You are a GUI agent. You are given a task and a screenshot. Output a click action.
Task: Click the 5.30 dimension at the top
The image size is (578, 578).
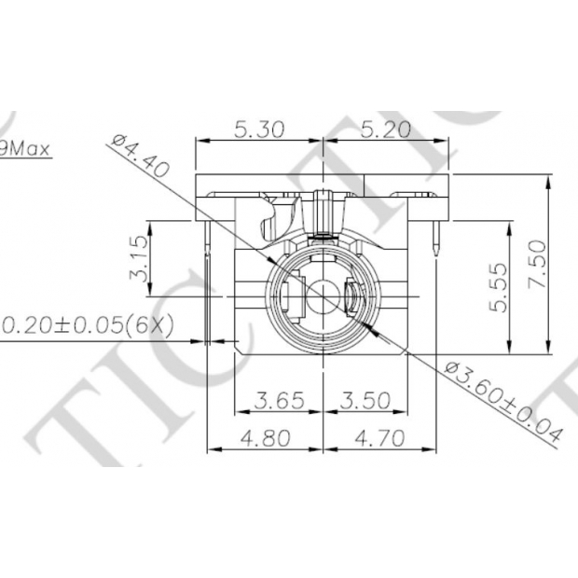[258, 130]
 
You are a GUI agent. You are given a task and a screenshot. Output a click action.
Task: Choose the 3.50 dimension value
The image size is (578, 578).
[365, 402]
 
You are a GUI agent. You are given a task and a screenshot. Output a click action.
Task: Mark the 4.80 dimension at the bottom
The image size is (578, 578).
[264, 437]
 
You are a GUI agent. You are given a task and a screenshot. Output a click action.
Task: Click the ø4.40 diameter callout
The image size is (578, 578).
[138, 154]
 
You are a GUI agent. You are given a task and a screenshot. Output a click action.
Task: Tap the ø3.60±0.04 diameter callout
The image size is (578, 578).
[503, 401]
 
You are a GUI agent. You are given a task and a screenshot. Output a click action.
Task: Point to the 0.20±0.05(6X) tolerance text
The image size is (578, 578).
[89, 326]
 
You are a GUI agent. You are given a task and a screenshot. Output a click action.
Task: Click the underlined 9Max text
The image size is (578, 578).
[25, 146]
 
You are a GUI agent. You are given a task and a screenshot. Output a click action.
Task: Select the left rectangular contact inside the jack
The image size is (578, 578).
[290, 298]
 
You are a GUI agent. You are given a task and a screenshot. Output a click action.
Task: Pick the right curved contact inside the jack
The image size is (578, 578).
[351, 298]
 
